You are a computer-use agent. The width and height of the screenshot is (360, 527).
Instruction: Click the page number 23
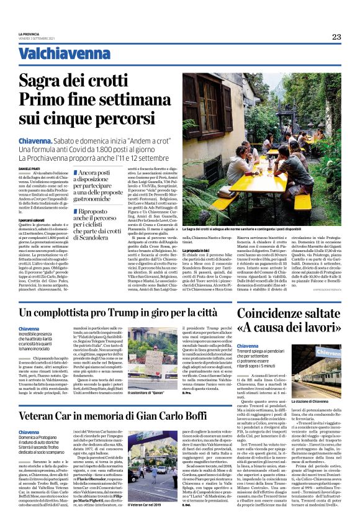(336, 37)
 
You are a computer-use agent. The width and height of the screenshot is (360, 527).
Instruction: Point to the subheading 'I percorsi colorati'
(32, 220)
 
